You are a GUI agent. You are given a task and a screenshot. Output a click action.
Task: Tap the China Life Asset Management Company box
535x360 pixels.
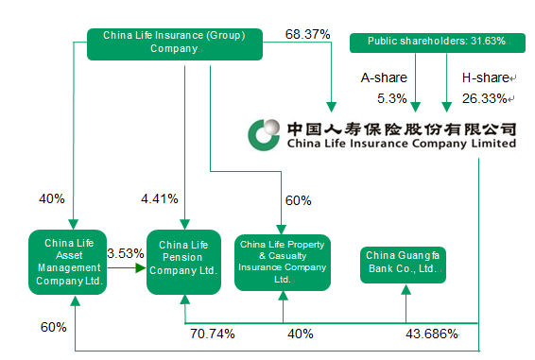pyautogui.click(x=67, y=261)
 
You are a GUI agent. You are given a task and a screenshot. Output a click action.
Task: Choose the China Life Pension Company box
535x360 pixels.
pyautogui.click(x=183, y=261)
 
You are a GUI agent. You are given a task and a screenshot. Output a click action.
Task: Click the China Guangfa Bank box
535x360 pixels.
pyautogui.click(x=404, y=261)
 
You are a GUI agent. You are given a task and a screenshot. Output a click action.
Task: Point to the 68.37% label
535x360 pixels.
pyautogui.click(x=307, y=34)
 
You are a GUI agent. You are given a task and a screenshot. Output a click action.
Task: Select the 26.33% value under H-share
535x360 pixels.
pyautogui.click(x=484, y=97)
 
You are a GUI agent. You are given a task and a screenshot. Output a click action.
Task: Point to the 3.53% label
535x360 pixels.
pyautogui.click(x=125, y=253)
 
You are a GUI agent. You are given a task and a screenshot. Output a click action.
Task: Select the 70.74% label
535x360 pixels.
pyautogui.click(x=213, y=334)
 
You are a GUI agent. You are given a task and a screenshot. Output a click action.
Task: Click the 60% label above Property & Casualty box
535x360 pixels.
pyautogui.click(x=299, y=201)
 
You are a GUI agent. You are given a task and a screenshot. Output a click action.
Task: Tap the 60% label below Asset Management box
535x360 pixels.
pyautogui.click(x=53, y=327)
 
